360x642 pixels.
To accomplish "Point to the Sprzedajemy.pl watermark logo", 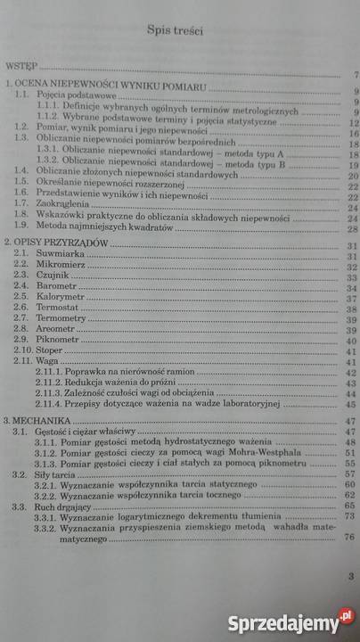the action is [x=288, y=619].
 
